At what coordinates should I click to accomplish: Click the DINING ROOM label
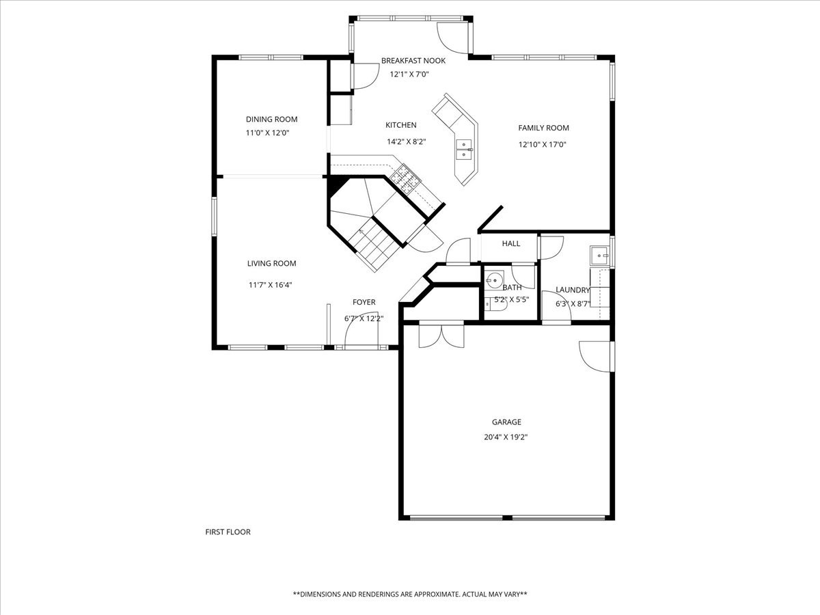(x=271, y=119)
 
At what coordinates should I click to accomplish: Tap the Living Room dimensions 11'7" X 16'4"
(x=270, y=285)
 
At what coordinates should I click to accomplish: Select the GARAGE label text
(x=506, y=422)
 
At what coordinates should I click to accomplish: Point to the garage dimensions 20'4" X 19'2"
(x=506, y=437)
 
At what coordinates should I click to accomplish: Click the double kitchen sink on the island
(x=464, y=150)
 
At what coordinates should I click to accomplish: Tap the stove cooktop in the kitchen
(x=405, y=178)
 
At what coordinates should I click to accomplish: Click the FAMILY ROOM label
(x=543, y=128)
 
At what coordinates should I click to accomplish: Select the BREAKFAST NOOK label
(x=413, y=61)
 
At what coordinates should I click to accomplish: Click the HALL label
(x=511, y=243)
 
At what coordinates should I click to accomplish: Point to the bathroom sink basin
(x=494, y=280)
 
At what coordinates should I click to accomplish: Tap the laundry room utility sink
(x=599, y=256)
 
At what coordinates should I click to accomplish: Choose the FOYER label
(x=364, y=302)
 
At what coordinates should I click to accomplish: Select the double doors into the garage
(x=441, y=336)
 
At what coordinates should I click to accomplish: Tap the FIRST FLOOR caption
(x=228, y=532)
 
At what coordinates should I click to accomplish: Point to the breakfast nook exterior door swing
(x=452, y=38)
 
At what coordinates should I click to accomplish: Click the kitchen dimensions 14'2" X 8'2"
(x=407, y=142)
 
